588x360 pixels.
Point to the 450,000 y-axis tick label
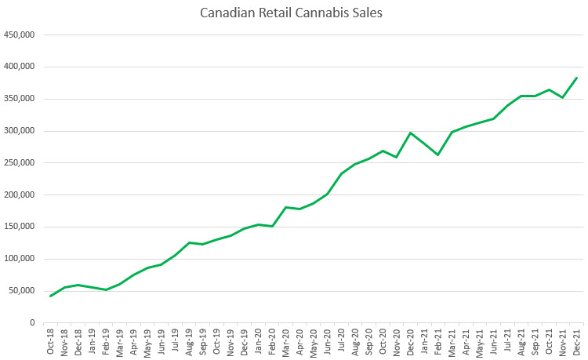19,35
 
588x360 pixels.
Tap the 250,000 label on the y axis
19,163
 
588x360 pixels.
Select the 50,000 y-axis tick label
21,291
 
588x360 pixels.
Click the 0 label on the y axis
31,323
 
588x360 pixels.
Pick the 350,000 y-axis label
19,99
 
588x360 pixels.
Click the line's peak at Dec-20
411,133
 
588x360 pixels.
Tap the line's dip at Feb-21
438,155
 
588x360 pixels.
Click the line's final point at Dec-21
577,78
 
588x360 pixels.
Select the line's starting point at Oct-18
51,296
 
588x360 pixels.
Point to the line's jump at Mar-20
286,207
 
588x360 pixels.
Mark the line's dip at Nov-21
563,97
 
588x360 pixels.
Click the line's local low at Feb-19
106,289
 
